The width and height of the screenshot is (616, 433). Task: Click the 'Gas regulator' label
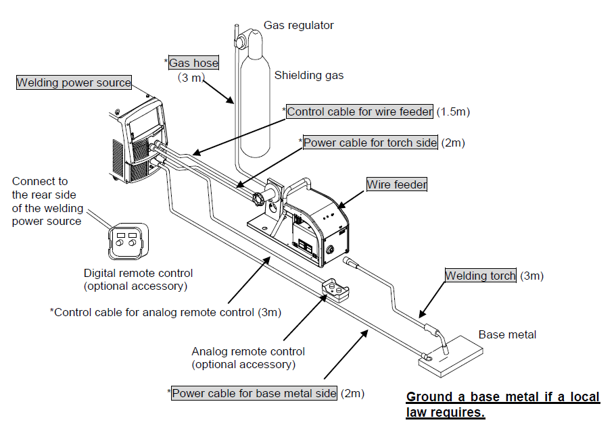tap(298, 26)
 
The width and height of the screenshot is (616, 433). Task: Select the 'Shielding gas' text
tap(308, 76)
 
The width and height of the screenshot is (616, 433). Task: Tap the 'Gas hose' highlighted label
tap(193, 63)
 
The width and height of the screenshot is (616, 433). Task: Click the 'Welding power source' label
tap(74, 83)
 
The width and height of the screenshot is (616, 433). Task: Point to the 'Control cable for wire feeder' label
tap(360, 111)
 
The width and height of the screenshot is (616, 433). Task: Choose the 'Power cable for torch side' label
tap(370, 143)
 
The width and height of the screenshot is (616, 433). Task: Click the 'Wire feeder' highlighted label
tap(397, 184)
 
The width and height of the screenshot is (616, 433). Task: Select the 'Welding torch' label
tap(480, 276)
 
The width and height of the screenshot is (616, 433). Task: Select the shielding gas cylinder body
tap(256, 115)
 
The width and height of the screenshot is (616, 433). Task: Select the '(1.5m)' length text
tap(452, 111)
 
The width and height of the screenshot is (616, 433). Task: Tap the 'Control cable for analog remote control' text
tap(156, 312)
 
